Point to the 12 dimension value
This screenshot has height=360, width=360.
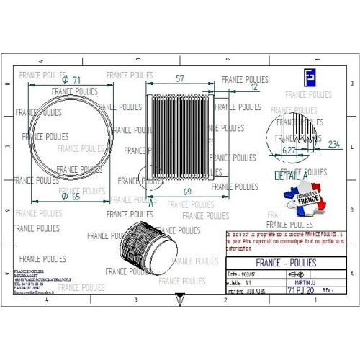point(253,86)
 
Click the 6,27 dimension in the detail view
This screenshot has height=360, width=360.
point(289,150)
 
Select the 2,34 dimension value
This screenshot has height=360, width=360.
point(333,144)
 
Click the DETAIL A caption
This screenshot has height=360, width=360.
point(291,175)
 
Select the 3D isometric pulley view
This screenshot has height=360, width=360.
point(148,247)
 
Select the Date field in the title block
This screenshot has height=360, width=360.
point(242,274)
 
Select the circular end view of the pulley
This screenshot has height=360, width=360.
point(65,136)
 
